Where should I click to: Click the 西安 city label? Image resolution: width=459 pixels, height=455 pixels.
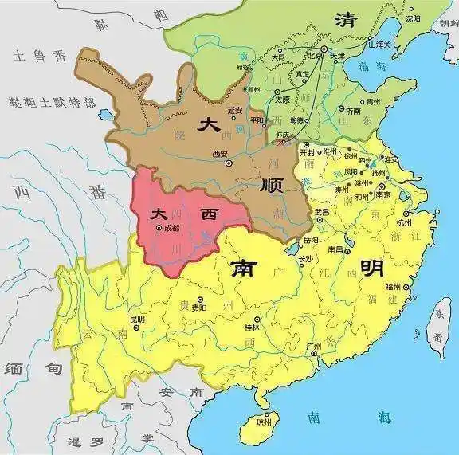coord(221,154)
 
